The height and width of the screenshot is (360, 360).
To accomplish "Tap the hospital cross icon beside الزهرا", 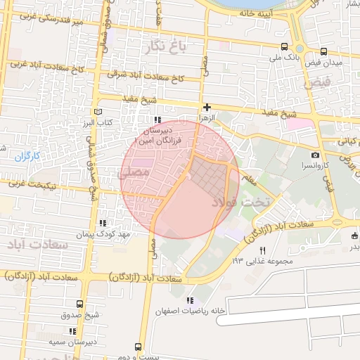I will pos(207,108).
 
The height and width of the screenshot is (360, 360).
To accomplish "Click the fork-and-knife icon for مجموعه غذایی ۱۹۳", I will pos(263,250).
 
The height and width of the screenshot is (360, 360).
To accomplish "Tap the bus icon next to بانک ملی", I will pos(323,51).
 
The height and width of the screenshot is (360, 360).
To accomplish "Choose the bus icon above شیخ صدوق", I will pos(79,304).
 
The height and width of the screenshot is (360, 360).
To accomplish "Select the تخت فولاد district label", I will pos(245,203).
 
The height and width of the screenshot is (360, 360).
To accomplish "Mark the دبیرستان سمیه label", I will pos(73,341).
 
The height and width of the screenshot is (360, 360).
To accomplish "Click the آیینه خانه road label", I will pos(255,13).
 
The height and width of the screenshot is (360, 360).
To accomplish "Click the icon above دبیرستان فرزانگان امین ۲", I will pos(157,120).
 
